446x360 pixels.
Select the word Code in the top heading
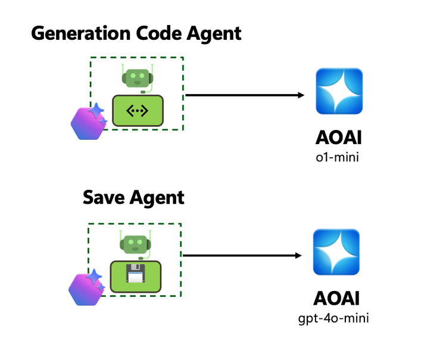click(x=157, y=33)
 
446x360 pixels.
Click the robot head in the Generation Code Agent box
click(x=137, y=77)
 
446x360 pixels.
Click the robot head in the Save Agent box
click(x=136, y=243)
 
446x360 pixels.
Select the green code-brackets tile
click(x=138, y=110)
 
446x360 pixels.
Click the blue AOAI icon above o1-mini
click(x=339, y=91)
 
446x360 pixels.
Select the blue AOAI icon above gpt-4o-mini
click(x=337, y=252)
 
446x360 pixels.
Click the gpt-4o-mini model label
click(x=334, y=319)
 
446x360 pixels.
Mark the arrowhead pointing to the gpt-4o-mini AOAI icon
click(x=298, y=256)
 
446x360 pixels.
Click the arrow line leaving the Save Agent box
click(x=238, y=256)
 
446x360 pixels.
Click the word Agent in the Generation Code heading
click(x=212, y=33)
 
